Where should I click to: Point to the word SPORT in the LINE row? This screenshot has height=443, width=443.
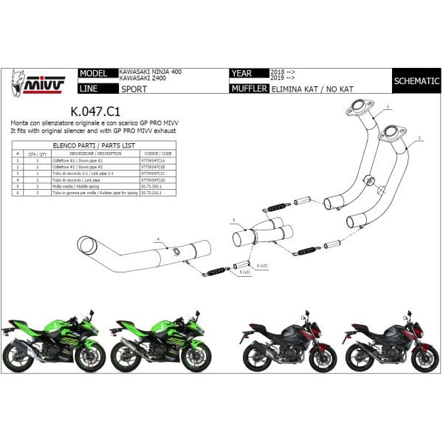click(134, 89)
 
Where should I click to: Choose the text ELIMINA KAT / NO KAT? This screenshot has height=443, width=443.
click(305, 89)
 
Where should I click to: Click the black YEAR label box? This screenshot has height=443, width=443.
click(249, 74)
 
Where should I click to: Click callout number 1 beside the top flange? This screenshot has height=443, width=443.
click(387, 107)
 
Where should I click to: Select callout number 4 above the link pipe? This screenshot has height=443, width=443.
click(157, 239)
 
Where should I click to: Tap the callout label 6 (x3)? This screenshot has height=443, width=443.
click(261, 264)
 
